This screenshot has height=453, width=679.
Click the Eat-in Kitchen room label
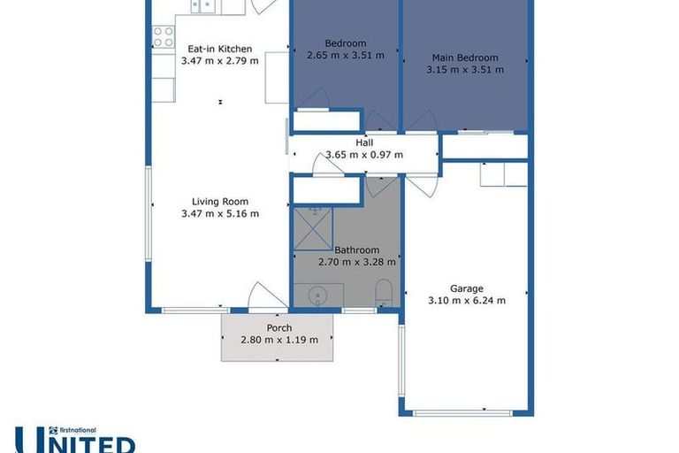click(219, 49)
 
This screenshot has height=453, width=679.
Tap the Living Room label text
click(219, 201)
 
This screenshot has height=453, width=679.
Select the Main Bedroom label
click(464, 58)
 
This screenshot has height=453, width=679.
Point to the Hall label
click(364, 142)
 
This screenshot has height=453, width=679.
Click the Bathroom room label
click(356, 250)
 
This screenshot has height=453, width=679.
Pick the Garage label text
click(466, 288)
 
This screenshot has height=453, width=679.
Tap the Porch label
click(278, 327)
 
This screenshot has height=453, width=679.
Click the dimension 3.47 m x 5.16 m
click(219, 213)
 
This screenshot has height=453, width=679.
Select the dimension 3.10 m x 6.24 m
click(466, 301)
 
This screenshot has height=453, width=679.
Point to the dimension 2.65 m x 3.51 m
click(345, 55)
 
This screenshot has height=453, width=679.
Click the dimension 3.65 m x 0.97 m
click(364, 155)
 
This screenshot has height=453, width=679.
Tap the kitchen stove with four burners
click(164, 36)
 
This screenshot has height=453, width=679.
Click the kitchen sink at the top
click(206, 7)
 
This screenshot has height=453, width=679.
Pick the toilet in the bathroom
click(384, 293)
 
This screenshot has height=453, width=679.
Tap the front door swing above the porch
click(265, 297)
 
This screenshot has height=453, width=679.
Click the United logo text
click(75, 441)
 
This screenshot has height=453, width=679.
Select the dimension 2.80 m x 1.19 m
click(278, 339)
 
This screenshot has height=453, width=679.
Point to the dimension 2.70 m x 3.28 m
click(356, 262)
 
